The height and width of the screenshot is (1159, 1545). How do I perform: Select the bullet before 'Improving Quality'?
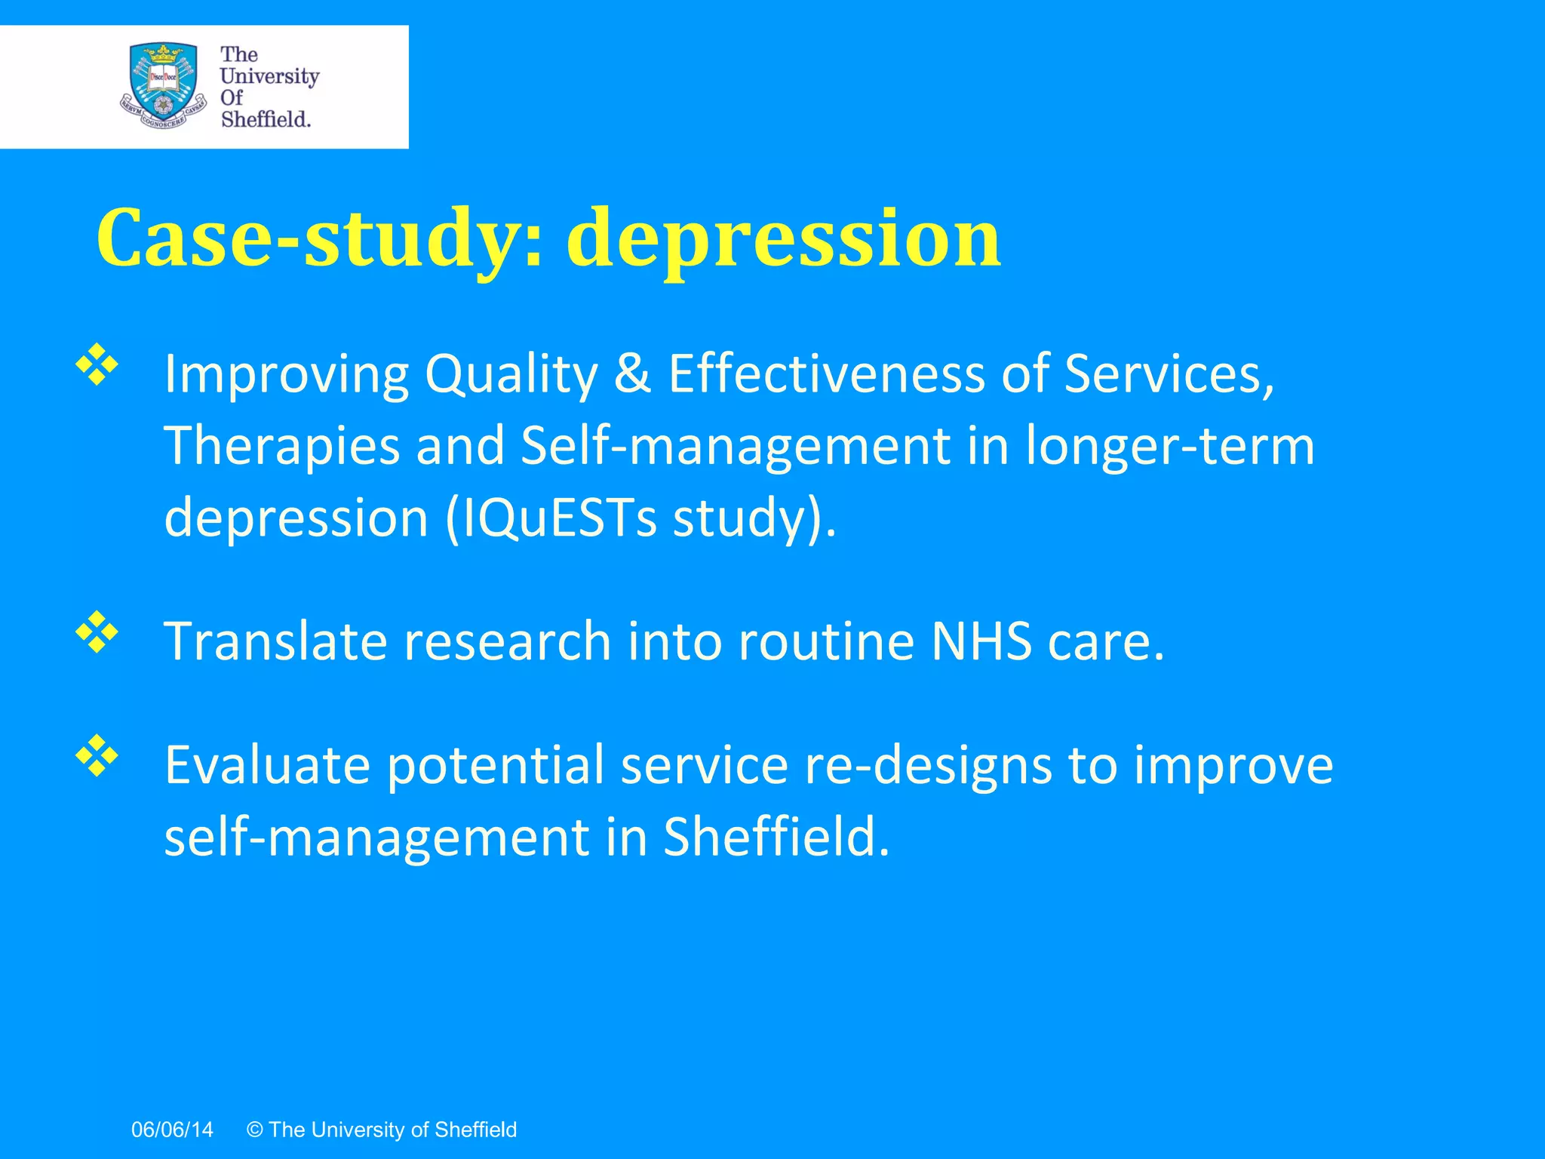pyautogui.click(x=97, y=365)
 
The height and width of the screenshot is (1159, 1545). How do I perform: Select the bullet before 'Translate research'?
pyautogui.click(x=97, y=632)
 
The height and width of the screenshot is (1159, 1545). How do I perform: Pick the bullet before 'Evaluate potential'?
pyautogui.click(x=97, y=756)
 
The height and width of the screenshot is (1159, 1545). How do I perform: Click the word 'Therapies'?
pyautogui.click(x=281, y=447)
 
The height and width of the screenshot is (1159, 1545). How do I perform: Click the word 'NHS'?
pyautogui.click(x=981, y=641)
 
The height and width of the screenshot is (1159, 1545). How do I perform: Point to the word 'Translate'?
pyautogui.click(x=275, y=641)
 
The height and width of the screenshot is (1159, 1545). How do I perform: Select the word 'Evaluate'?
pyautogui.click(x=267, y=766)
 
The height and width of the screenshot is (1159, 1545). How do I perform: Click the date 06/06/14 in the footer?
pyautogui.click(x=172, y=1130)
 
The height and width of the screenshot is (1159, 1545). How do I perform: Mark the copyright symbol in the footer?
pyautogui.click(x=255, y=1130)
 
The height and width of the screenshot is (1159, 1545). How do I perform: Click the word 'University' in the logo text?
pyautogui.click(x=269, y=76)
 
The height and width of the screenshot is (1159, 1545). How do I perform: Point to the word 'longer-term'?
pyautogui.click(x=1169, y=447)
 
